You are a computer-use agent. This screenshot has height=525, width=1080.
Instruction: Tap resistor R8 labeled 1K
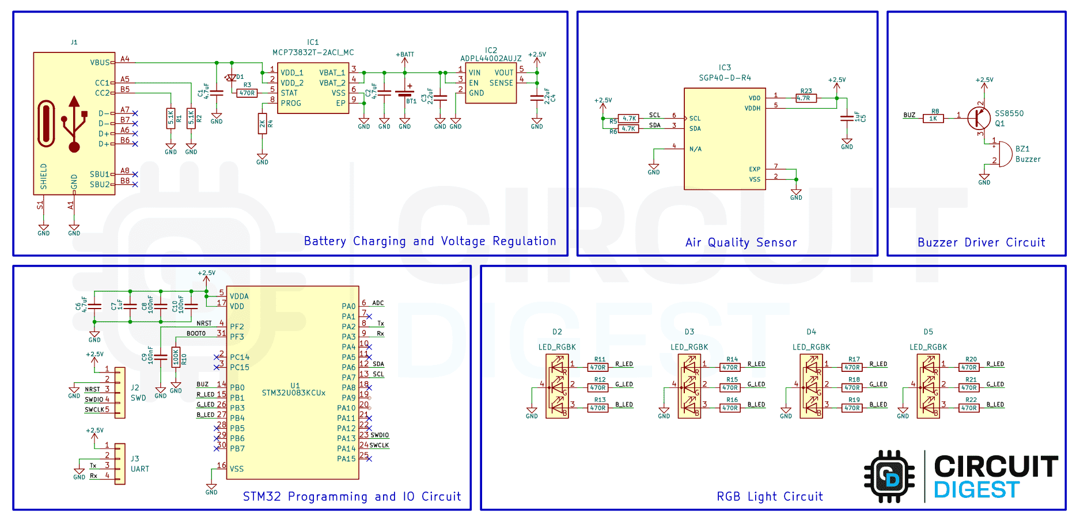point(933,119)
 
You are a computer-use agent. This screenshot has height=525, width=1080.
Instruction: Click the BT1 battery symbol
point(405,93)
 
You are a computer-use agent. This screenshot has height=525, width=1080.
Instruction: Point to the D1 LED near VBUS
point(232,77)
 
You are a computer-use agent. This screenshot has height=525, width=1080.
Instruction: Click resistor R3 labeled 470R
point(247,93)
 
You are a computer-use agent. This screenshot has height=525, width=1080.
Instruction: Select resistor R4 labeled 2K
point(262,124)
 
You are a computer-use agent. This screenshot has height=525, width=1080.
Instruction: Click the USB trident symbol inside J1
point(74,124)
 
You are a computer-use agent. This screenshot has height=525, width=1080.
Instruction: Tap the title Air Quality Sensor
point(741,242)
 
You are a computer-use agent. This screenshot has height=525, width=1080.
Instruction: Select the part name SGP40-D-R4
point(725,78)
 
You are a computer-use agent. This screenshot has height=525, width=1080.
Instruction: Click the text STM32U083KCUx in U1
point(294,393)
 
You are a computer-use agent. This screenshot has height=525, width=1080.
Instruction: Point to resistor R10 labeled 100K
point(176,357)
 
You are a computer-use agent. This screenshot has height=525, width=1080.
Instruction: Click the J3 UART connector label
point(139,464)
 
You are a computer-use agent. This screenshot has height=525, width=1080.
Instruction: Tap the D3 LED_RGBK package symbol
point(689,385)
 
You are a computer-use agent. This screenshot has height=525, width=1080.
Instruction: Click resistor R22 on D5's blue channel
point(969,408)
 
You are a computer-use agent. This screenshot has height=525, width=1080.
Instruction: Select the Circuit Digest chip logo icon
point(889,477)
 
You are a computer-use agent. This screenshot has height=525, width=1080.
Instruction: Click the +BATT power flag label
point(405,55)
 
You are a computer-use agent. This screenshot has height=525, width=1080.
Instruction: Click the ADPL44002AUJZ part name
point(491,59)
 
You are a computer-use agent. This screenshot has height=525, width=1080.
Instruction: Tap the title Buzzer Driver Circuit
point(981,242)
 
